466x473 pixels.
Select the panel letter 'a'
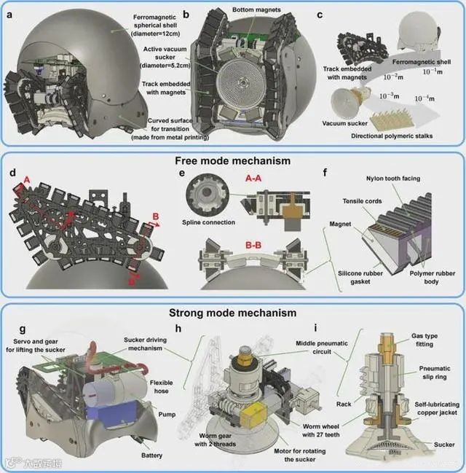coord(11,14)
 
